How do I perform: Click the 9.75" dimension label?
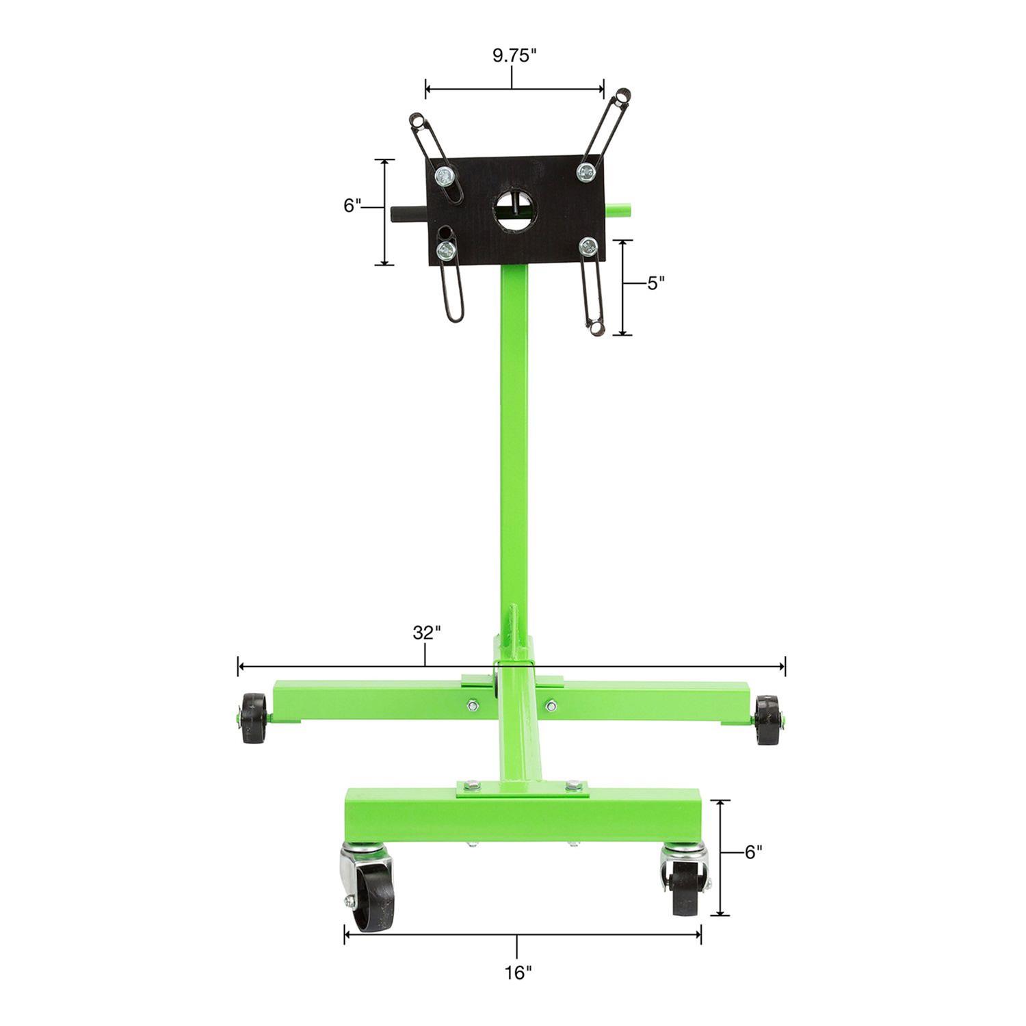point(512,56)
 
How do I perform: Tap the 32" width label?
point(425,633)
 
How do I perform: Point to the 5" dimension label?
point(656,283)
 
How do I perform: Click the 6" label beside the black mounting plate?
point(352,205)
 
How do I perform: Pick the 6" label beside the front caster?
point(753,852)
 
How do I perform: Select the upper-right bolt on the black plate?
point(585,171)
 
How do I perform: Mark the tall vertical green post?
point(514,445)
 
